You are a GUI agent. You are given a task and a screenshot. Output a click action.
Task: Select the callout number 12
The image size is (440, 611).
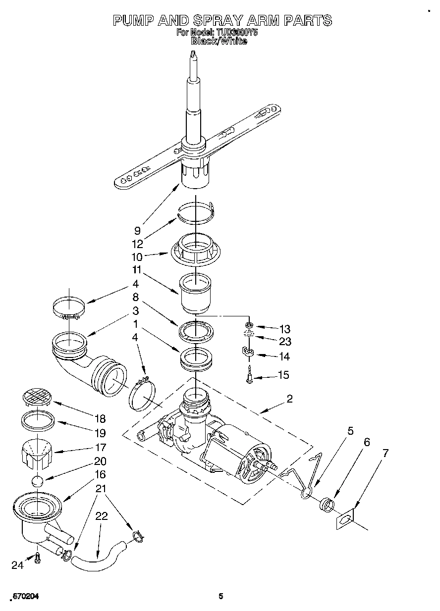tap(138, 244)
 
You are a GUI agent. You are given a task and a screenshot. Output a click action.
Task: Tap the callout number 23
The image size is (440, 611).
tap(285, 341)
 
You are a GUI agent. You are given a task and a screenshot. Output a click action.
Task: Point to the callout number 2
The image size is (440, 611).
tap(289, 398)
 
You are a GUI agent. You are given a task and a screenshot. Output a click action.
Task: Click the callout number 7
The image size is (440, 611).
tap(385, 453)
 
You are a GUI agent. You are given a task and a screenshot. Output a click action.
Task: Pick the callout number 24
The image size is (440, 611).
tap(17, 565)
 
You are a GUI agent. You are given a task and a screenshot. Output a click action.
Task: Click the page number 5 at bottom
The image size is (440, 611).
tap(221, 596)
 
